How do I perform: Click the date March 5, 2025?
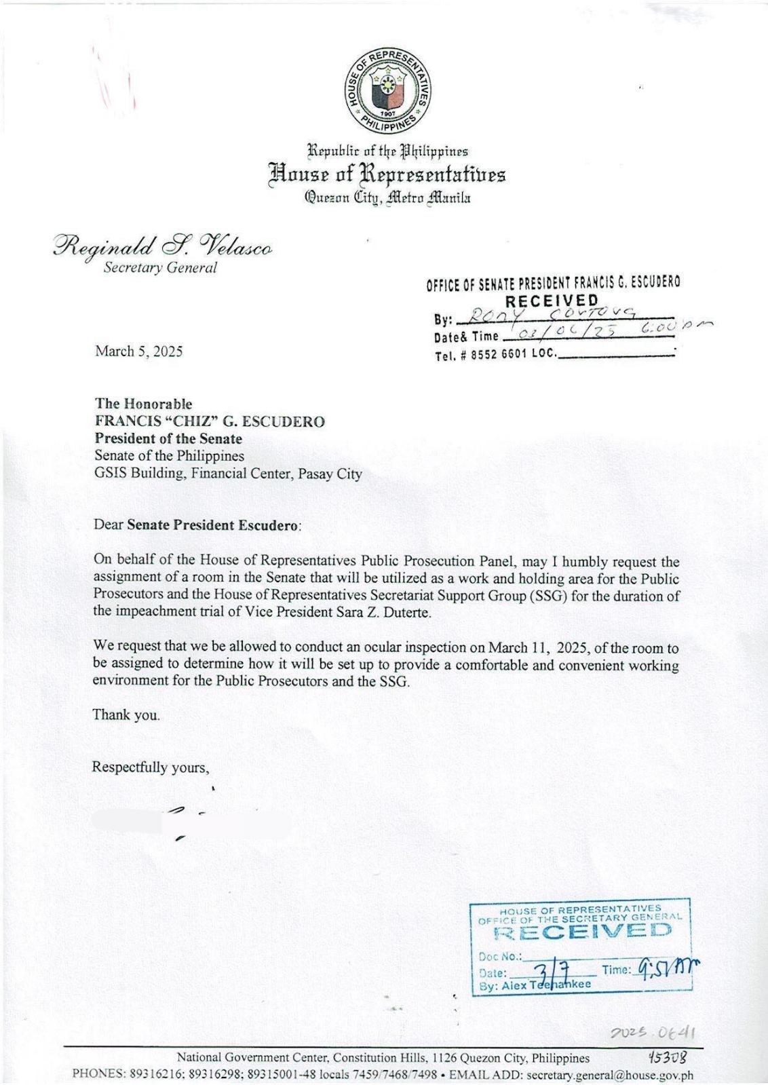138,351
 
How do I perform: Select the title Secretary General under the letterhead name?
160,267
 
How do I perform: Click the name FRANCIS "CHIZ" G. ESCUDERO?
210,421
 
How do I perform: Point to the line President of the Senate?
168,438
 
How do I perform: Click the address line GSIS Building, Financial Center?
228,474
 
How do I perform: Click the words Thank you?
126,715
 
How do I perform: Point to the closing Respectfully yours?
151,767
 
